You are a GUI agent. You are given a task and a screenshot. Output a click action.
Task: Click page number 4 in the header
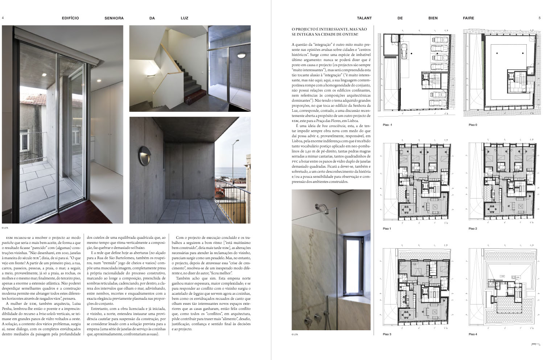tap(3, 18)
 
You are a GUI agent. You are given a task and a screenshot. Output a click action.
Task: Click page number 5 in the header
tap(539, 18)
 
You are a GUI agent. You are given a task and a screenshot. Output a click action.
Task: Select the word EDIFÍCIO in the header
tap(70, 18)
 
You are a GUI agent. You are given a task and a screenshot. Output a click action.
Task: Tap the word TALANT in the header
tap(364, 18)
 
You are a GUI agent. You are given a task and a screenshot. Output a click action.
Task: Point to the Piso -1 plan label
tap(387, 125)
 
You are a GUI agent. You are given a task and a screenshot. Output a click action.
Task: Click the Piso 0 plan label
tap(473, 125)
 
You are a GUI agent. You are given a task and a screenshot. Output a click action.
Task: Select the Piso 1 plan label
tap(387, 229)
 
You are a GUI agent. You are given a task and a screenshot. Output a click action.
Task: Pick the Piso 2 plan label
tap(473, 229)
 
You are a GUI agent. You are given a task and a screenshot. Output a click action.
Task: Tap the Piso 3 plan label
tap(387, 334)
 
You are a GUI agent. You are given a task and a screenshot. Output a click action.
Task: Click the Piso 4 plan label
tap(473, 334)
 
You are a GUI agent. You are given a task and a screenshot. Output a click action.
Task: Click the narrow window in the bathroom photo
tap(352, 266)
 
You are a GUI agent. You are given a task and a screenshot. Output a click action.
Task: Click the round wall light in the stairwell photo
tap(241, 55)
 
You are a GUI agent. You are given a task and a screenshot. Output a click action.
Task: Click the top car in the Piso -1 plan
tap(437, 39)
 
